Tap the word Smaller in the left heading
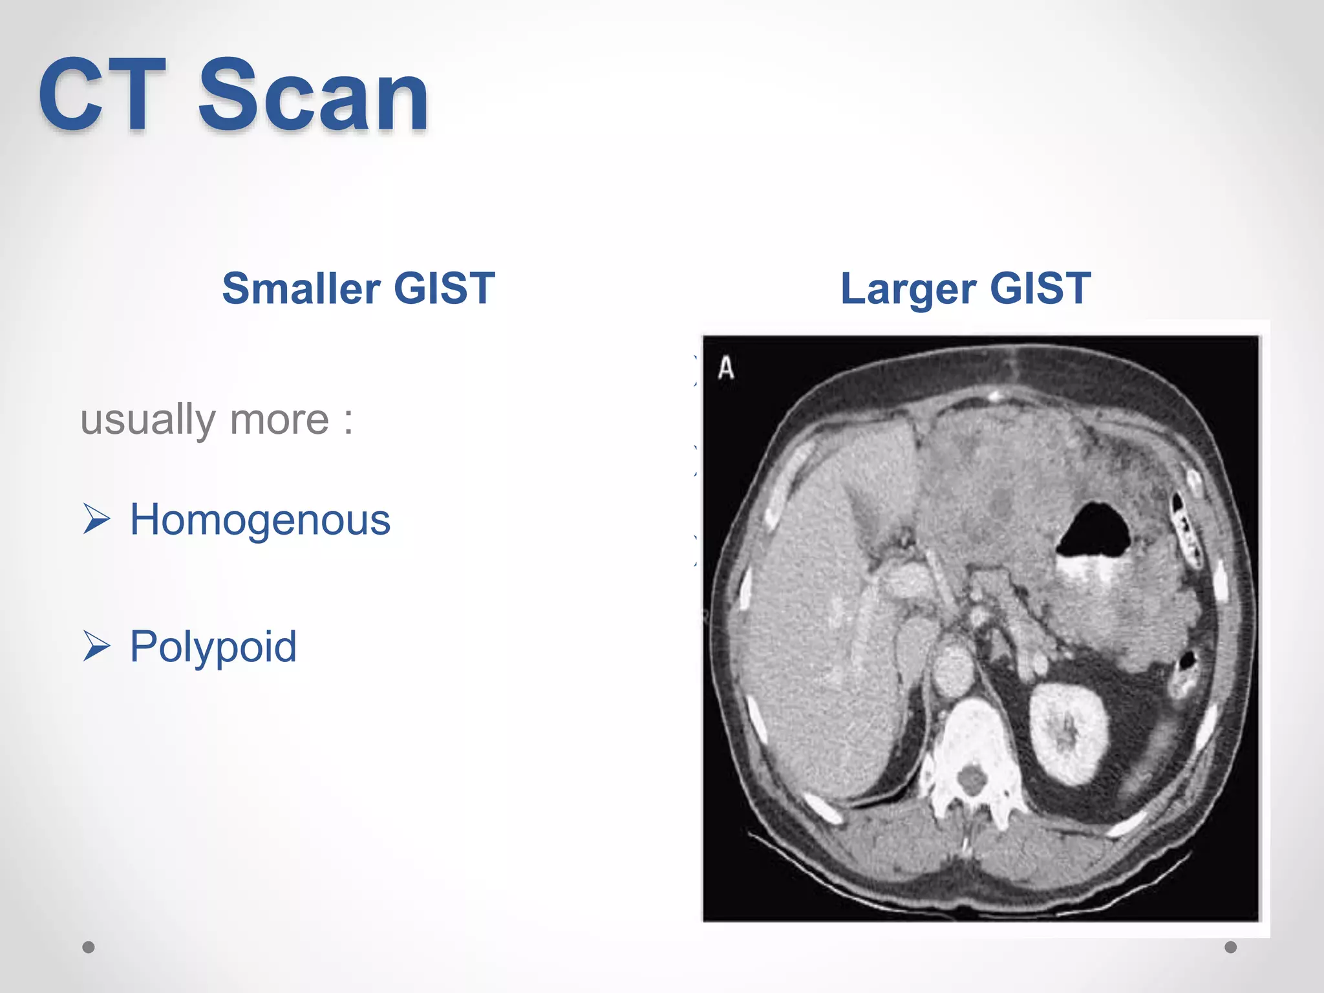coord(301,288)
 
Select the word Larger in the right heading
coord(908,290)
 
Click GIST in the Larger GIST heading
coord(1040,288)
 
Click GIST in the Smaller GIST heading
coord(444,288)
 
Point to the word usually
coord(147,420)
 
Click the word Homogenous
coord(260,520)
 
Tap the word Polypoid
coord(213,646)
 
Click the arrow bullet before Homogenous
coord(97,519)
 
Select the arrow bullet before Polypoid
coord(97,646)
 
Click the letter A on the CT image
coord(726,368)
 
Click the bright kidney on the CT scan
coord(1067,734)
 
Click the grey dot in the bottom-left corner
coord(89,947)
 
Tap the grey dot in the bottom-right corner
coord(1231,947)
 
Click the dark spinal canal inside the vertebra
coord(970,779)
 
